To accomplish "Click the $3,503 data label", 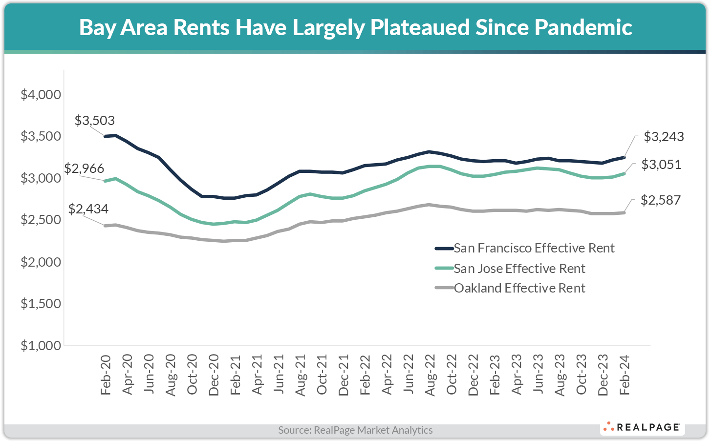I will [x=95, y=121].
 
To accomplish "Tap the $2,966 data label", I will [x=84, y=168].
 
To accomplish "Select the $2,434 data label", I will [x=88, y=209].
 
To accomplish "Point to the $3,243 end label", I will [x=664, y=137].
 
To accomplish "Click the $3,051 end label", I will [x=661, y=165].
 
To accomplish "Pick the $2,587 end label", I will [x=660, y=200].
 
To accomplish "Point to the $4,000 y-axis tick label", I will [x=41, y=94].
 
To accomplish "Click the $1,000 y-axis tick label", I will [x=41, y=346].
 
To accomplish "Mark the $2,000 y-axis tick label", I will [x=41, y=262].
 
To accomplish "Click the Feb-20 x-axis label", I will [x=106, y=375].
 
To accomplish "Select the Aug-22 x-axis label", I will [x=430, y=375].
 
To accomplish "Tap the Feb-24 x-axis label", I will [x=624, y=375].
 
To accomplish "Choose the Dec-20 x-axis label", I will [x=214, y=375].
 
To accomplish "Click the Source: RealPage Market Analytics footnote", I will [x=355, y=430].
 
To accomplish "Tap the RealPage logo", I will [x=642, y=427].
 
